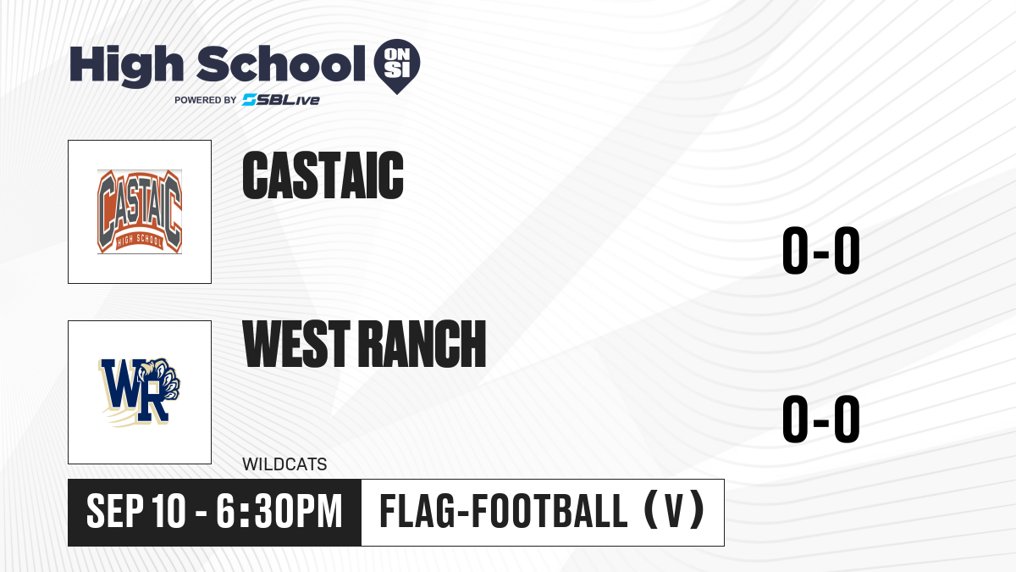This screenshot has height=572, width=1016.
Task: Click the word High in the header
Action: (127, 65)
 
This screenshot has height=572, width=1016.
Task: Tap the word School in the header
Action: (281, 64)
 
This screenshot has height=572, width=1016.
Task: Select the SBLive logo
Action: (281, 100)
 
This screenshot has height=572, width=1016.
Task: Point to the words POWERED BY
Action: (206, 100)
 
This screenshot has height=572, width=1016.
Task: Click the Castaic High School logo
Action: (140, 212)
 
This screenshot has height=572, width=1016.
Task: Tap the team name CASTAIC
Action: (323, 175)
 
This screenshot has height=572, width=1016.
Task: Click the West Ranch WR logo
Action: (140, 392)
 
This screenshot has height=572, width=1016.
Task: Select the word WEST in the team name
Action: (296, 343)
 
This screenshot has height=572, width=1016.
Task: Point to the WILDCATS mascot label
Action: (284, 464)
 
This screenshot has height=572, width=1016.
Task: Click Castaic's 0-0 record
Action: (821, 250)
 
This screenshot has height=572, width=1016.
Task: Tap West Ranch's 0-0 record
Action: (821, 419)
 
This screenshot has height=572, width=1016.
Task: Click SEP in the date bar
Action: (115, 511)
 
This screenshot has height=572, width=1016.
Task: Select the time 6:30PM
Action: (279, 511)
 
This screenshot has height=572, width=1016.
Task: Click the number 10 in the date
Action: (168, 511)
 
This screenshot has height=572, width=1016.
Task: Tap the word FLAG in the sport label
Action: (417, 511)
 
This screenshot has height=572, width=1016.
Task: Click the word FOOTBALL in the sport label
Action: (550, 511)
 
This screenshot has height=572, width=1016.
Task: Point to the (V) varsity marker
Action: (674, 511)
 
